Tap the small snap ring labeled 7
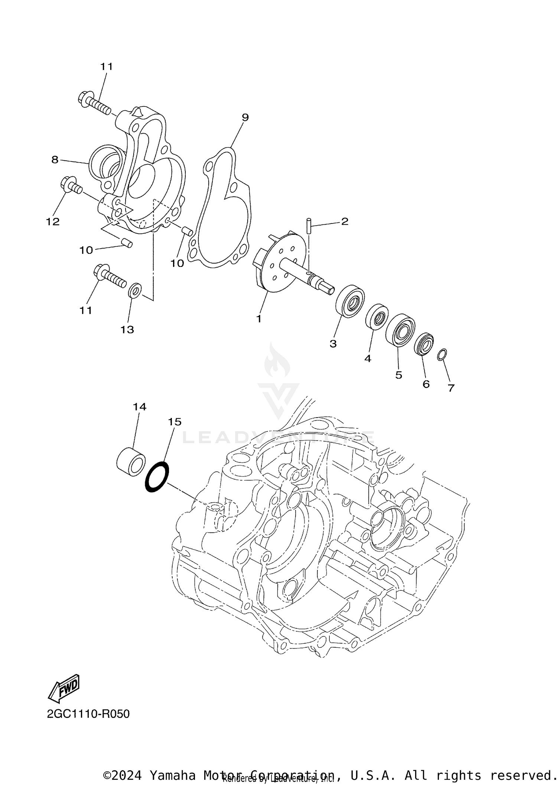442,354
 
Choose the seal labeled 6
424,344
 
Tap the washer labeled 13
135,290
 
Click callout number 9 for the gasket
245,117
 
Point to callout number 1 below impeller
259,318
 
